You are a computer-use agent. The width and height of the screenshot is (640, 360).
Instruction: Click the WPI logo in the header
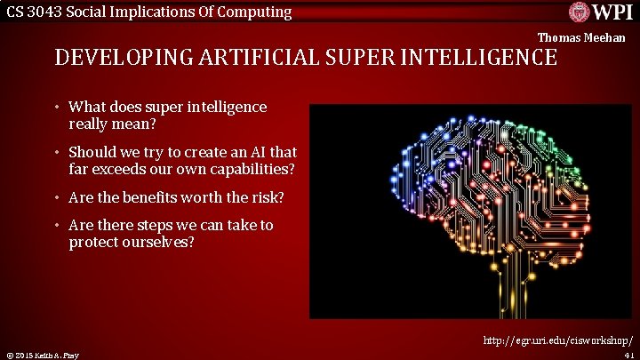point(600,12)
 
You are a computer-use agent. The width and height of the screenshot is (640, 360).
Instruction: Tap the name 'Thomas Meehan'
point(581,37)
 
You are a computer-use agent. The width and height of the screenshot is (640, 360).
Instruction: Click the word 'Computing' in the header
point(257,12)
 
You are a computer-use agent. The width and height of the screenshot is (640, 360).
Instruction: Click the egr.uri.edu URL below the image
point(558,340)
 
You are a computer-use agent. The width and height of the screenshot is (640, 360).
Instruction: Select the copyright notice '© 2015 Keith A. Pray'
point(41,356)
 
